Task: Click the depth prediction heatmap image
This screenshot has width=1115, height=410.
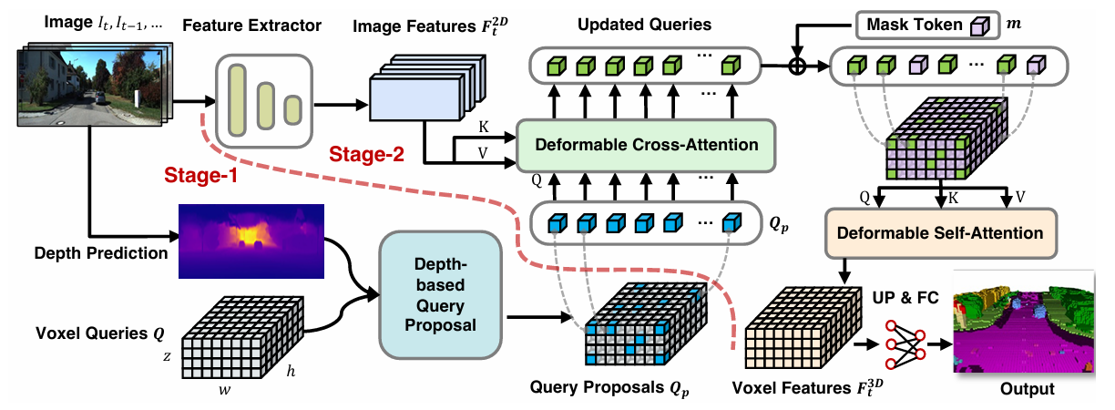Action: (251, 241)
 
